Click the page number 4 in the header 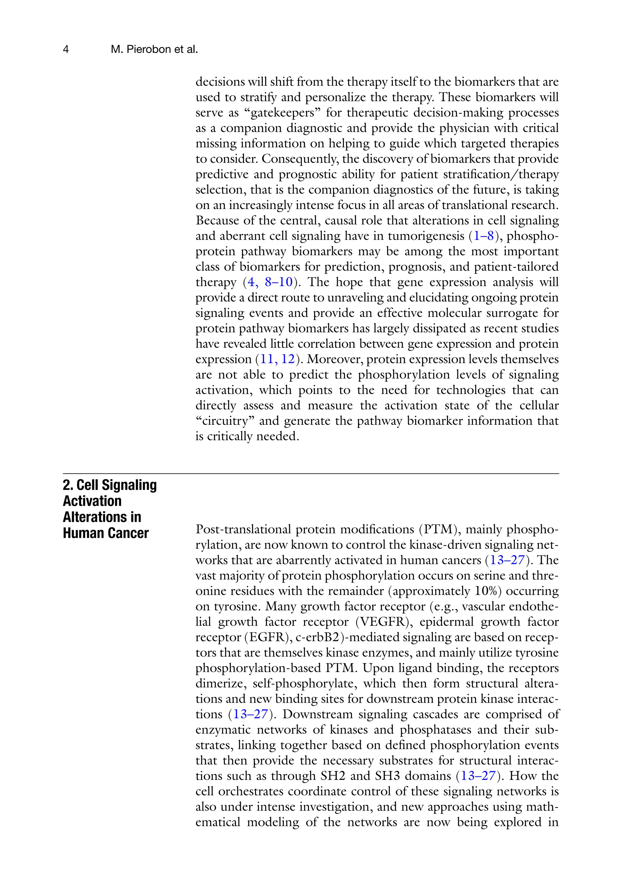point(66,50)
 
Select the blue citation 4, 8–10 point(270,282)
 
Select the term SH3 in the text point(387,776)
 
